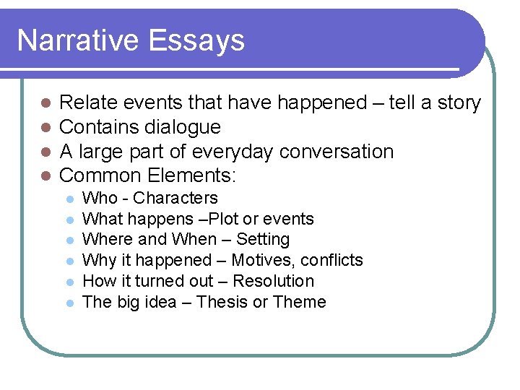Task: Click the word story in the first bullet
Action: (459, 103)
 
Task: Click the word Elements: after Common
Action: (193, 175)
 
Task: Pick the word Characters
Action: (175, 198)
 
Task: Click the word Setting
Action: (263, 239)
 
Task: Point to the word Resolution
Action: (274, 281)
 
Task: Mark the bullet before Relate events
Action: (45, 104)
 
